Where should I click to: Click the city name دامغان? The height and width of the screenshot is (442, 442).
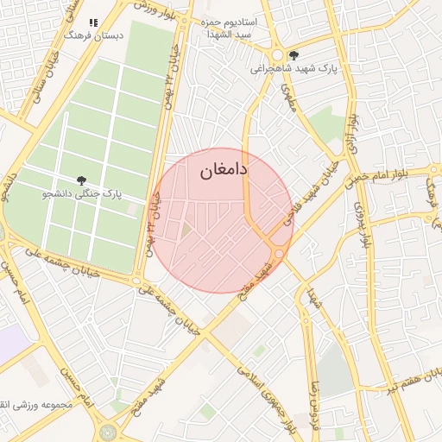click(224, 171)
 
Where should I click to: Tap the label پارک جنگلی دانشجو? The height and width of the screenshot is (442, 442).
click(80, 195)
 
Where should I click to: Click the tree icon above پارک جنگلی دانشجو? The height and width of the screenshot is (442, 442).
click(81, 180)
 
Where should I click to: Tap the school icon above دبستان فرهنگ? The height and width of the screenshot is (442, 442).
click(93, 22)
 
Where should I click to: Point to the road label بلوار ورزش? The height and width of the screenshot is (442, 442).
click(159, 9)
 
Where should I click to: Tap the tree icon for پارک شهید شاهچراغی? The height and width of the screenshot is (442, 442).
click(294, 54)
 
